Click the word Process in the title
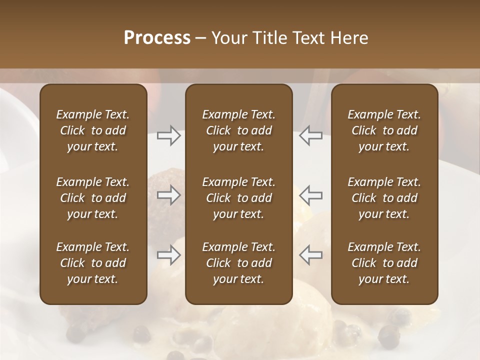[157, 38]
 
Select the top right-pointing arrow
[168, 135]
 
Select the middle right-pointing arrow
[168, 195]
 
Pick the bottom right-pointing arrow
[168, 255]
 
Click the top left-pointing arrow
[310, 135]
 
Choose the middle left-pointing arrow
[310, 195]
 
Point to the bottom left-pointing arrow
[310, 255]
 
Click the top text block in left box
[93, 130]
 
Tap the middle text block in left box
[93, 198]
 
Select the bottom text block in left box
[93, 263]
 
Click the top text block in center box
[238, 130]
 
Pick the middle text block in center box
[238, 198]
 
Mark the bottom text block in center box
[238, 263]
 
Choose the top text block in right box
[384, 130]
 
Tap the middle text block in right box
[384, 198]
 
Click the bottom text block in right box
[384, 263]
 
